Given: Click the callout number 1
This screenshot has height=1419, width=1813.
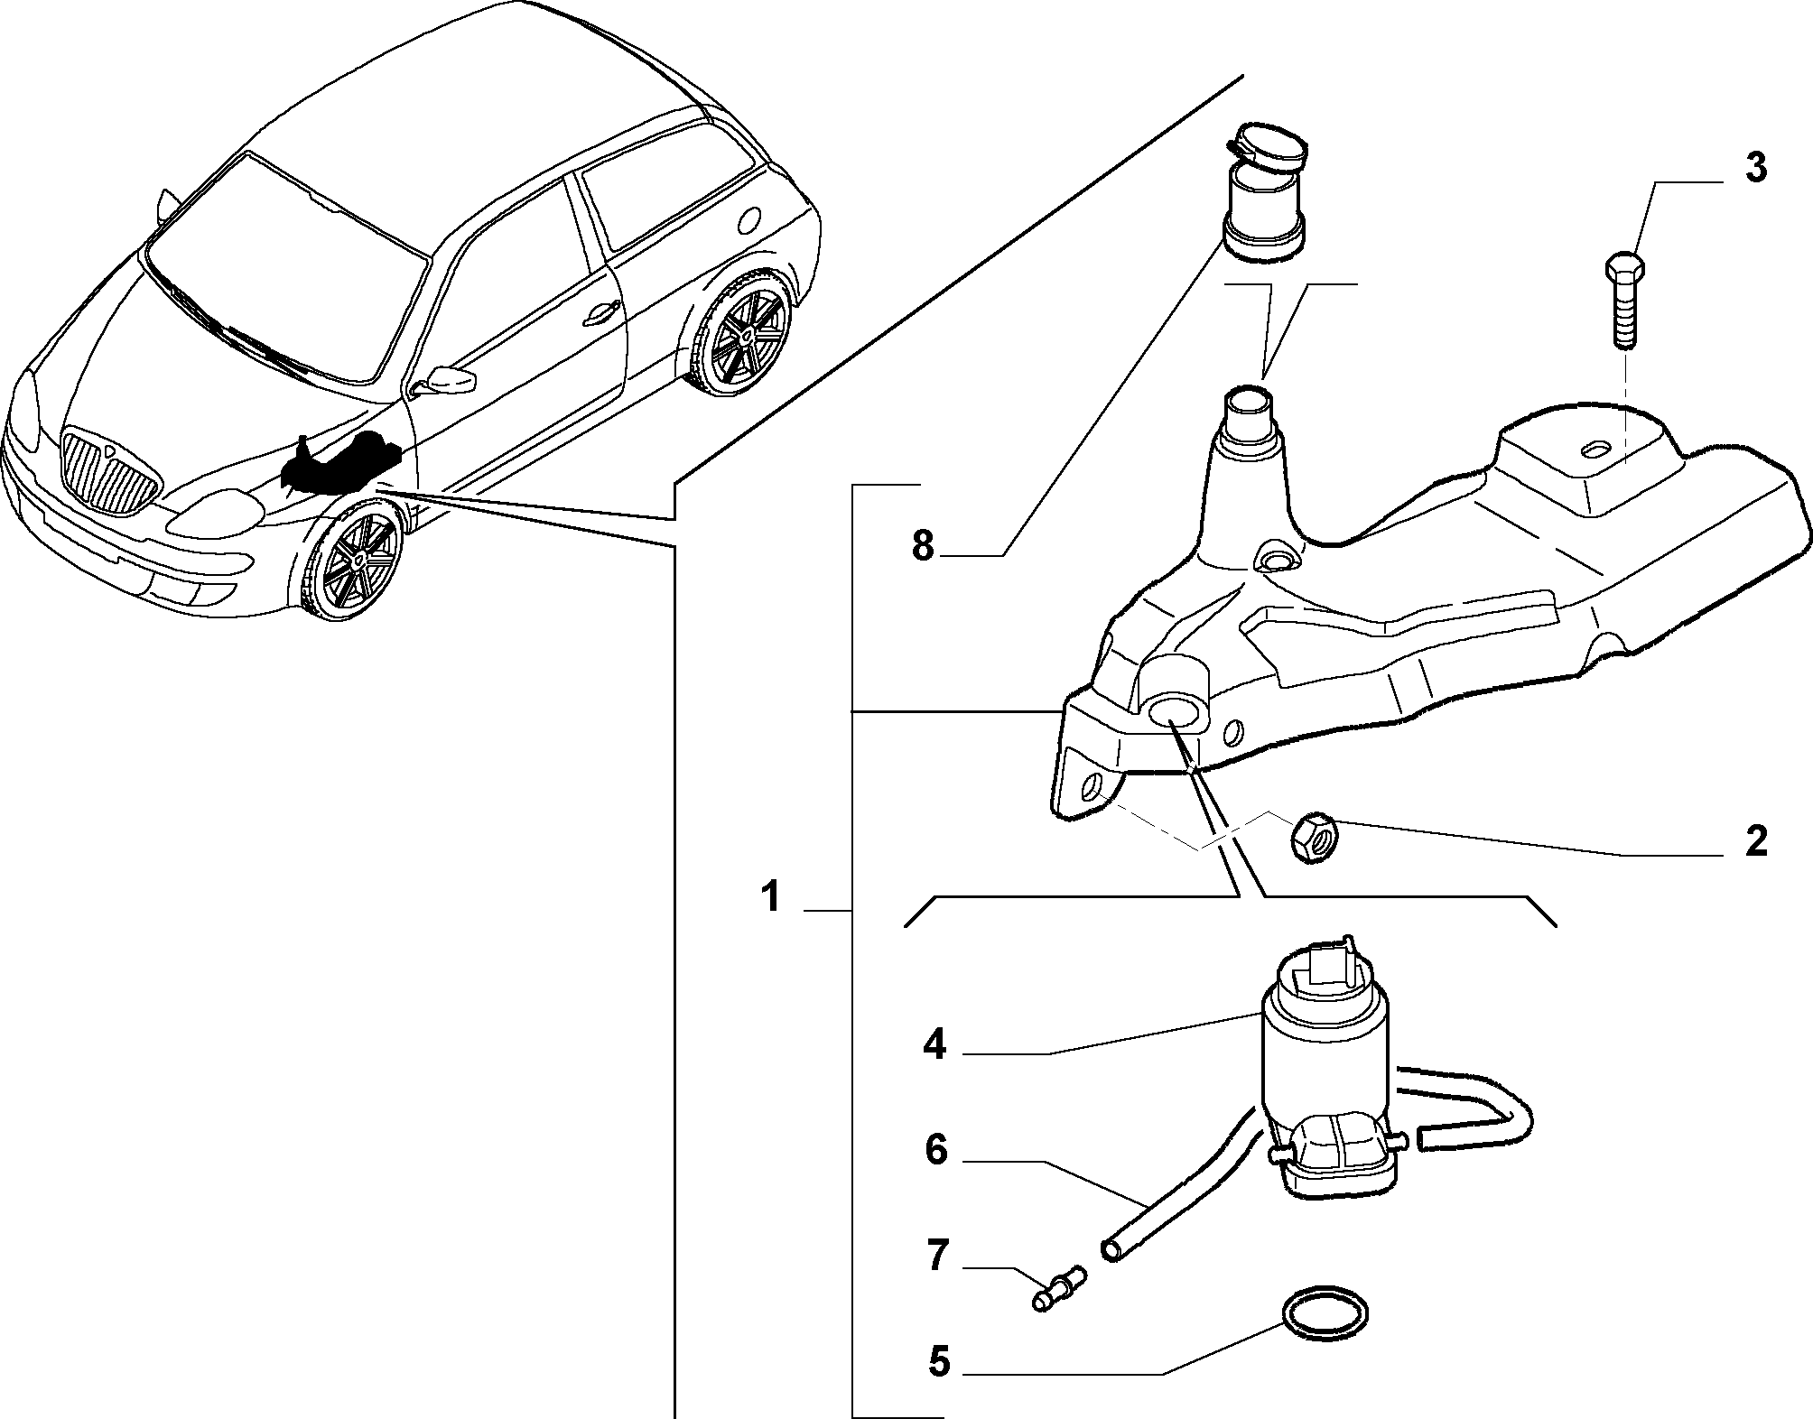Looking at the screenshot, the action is point(770,898).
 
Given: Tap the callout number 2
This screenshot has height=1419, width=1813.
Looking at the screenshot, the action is point(1755,841).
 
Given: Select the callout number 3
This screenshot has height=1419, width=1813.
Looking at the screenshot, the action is point(1755,169).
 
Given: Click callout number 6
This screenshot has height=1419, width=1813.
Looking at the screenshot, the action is point(936,1151).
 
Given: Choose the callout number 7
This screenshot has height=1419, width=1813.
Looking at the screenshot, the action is point(938,1256).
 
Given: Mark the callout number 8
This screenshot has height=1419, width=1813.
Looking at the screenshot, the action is point(922,546).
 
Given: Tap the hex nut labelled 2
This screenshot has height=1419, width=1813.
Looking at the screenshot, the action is point(1314,838).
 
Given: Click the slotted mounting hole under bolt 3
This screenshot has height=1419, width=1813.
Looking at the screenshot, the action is point(1597,449).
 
